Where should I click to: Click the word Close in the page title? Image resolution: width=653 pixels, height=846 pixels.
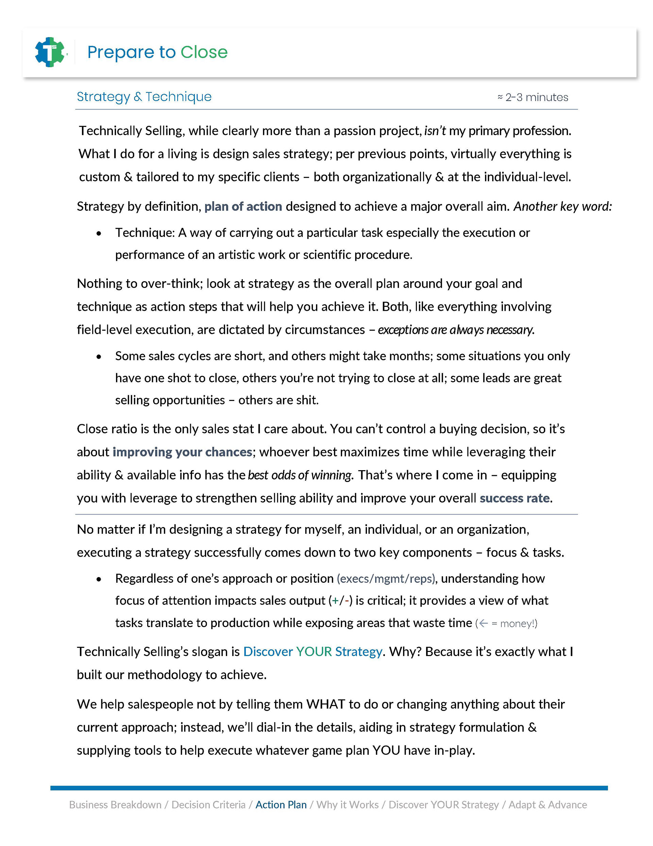pyautogui.click(x=204, y=52)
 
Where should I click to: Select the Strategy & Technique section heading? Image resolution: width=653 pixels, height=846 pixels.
pyautogui.click(x=144, y=96)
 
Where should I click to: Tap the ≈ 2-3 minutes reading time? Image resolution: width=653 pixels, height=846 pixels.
pyautogui.click(x=533, y=97)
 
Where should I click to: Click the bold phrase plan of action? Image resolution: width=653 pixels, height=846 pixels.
pyautogui.click(x=243, y=206)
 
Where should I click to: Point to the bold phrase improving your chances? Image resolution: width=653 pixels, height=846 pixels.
pyautogui.click(x=182, y=452)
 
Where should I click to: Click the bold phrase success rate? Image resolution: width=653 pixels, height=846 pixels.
pyautogui.click(x=515, y=498)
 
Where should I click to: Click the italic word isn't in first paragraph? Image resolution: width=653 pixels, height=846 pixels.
pyautogui.click(x=435, y=131)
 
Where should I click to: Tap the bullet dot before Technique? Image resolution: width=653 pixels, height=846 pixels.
pyautogui.click(x=99, y=234)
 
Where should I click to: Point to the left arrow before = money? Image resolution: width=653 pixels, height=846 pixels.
pyautogui.click(x=483, y=623)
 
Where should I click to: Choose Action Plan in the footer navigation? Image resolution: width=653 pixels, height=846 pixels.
pyautogui.click(x=281, y=804)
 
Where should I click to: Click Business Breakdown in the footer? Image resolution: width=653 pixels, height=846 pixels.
pyautogui.click(x=115, y=804)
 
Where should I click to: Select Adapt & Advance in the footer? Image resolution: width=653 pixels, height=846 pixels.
pyautogui.click(x=547, y=804)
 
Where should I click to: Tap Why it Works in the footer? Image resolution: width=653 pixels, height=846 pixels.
pyautogui.click(x=348, y=804)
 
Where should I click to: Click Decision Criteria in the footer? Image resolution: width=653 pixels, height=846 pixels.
pyautogui.click(x=208, y=804)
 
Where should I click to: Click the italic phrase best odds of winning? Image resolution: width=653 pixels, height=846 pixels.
pyautogui.click(x=300, y=475)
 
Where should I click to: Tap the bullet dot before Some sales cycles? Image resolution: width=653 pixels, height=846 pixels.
pyautogui.click(x=99, y=357)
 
